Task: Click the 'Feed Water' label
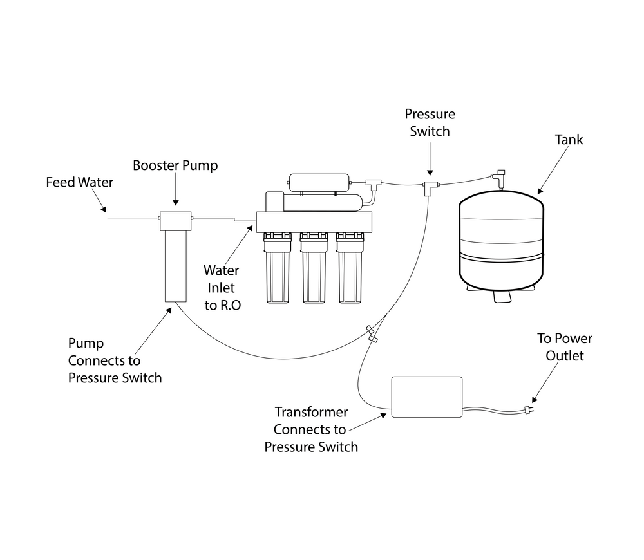[79, 182]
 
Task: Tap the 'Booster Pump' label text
[175, 165]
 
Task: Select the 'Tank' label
[569, 139]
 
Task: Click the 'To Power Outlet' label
[565, 347]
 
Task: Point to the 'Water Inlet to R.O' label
[222, 288]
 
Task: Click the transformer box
[427, 397]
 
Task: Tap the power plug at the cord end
[527, 409]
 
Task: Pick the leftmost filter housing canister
[278, 268]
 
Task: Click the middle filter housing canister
[314, 268]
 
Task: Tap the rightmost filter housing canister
[350, 268]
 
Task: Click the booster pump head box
[175, 221]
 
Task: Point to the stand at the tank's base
[501, 293]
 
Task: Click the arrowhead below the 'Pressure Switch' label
[430, 173]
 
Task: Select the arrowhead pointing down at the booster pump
[175, 202]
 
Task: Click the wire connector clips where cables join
[372, 334]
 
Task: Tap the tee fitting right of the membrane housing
[374, 184]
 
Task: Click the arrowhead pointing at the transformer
[383, 415]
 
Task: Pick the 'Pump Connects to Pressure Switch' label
[115, 360]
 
